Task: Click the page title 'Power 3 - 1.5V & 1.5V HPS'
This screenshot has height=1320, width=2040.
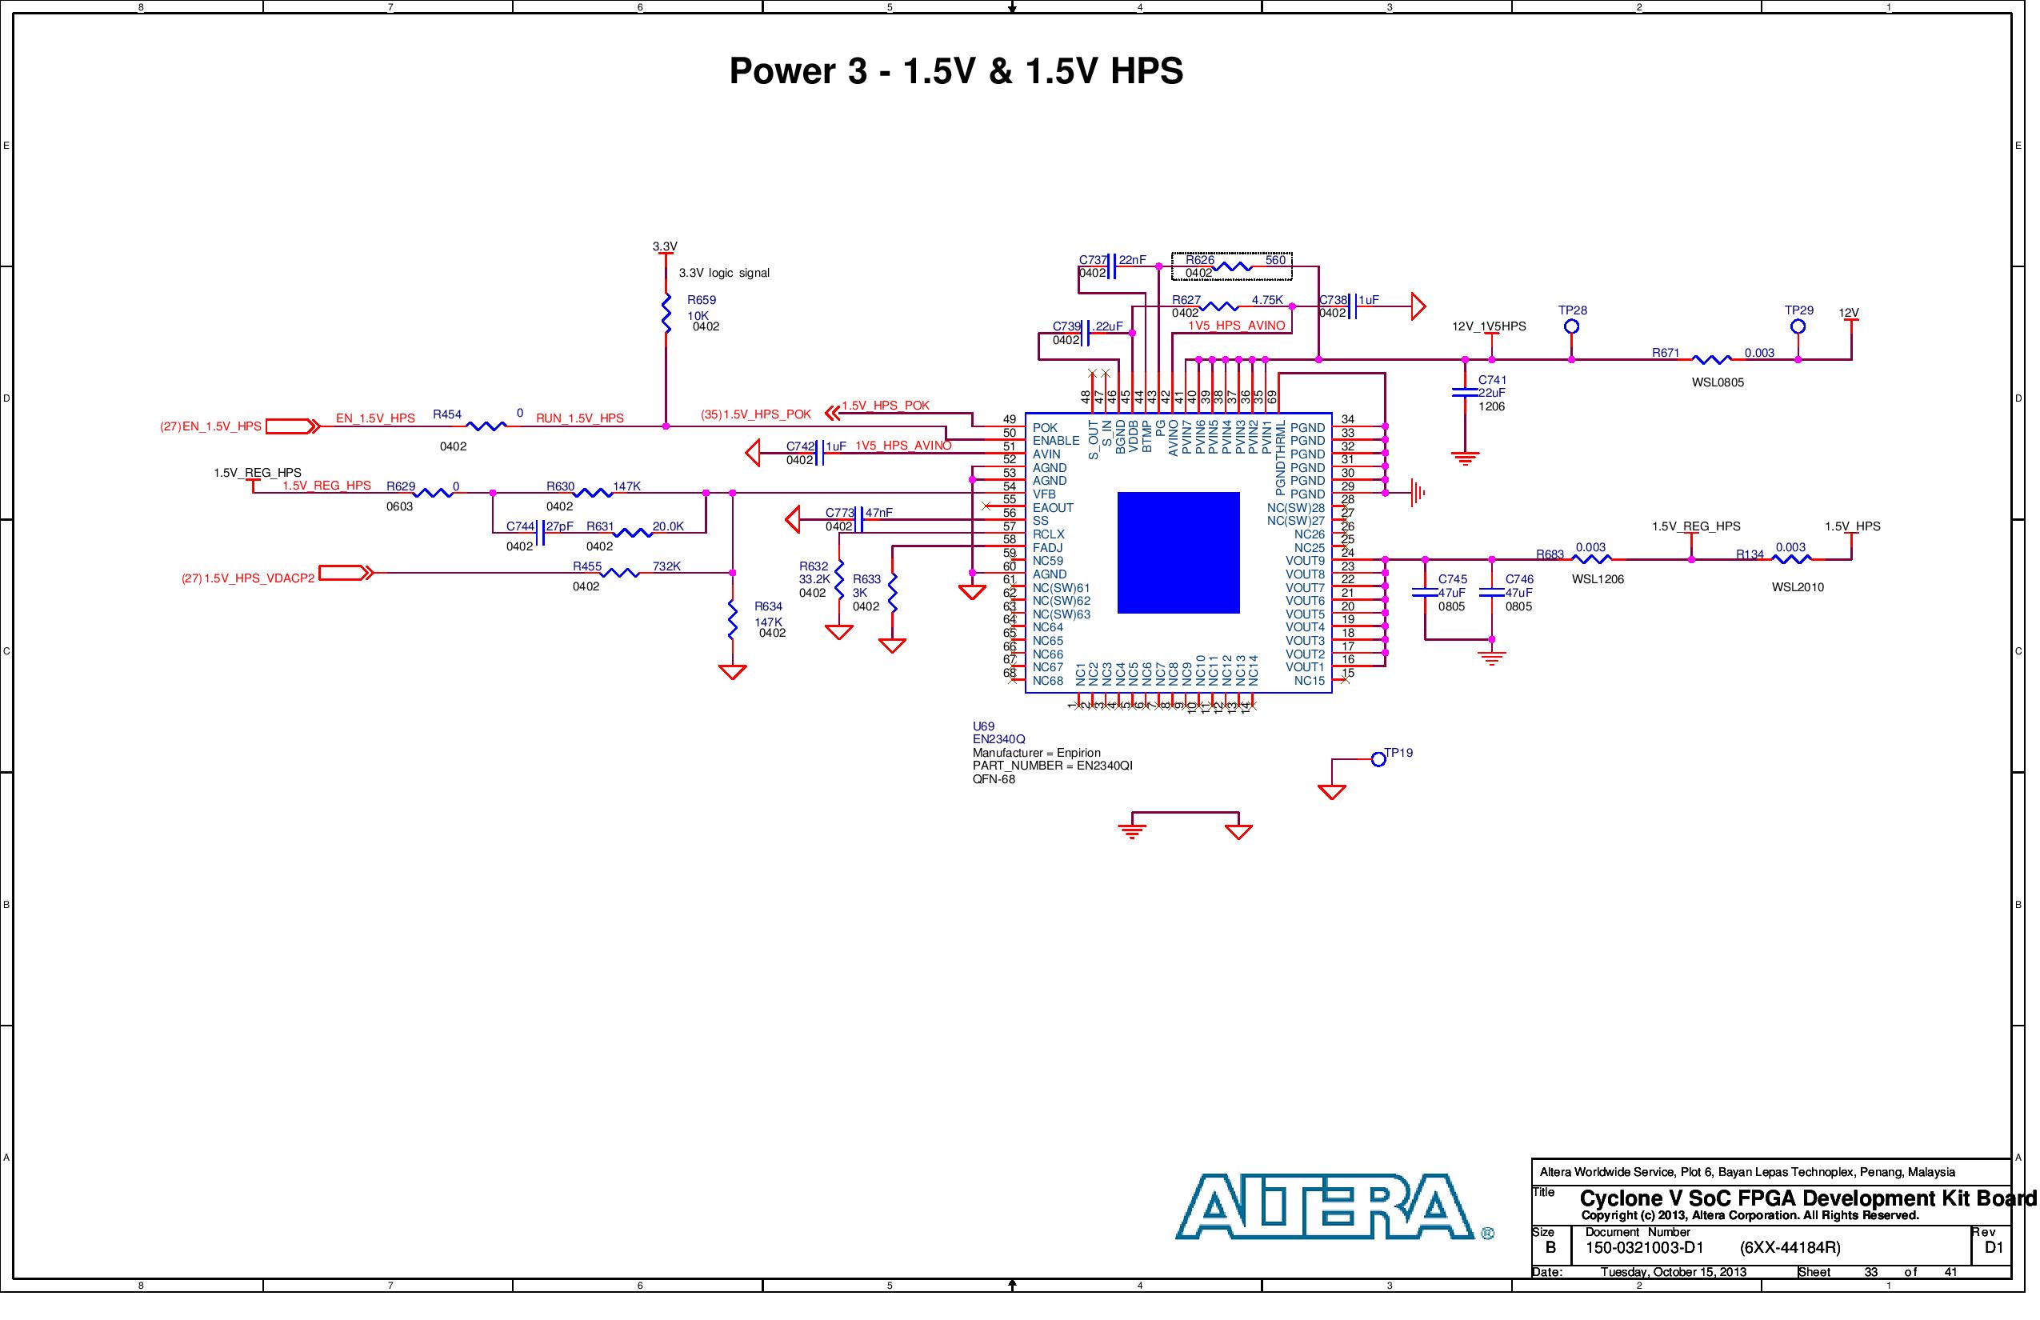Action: point(956,71)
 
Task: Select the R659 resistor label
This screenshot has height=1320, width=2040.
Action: point(701,300)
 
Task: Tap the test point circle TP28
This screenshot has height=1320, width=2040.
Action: point(1571,326)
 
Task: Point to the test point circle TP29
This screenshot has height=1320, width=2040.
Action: point(1798,326)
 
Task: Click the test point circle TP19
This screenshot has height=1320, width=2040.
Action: point(1378,759)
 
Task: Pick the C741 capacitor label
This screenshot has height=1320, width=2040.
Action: point(1492,380)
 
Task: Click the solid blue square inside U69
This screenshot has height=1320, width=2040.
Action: point(1178,553)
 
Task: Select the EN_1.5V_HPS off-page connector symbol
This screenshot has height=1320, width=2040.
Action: point(291,426)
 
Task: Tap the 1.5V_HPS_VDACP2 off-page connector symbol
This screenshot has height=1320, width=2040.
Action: point(346,573)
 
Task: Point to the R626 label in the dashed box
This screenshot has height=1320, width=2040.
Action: point(1200,260)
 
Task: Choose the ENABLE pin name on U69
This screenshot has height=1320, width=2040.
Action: point(1056,441)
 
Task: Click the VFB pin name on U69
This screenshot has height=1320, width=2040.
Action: point(1044,494)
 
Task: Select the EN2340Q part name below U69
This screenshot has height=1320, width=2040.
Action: point(998,739)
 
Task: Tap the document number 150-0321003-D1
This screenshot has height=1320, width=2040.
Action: point(1644,1248)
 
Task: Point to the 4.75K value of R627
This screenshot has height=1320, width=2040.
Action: point(1267,300)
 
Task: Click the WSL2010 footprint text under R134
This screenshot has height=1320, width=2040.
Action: point(1798,587)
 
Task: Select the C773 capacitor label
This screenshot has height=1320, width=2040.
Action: point(840,513)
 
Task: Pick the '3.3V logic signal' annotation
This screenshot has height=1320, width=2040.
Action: point(724,274)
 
